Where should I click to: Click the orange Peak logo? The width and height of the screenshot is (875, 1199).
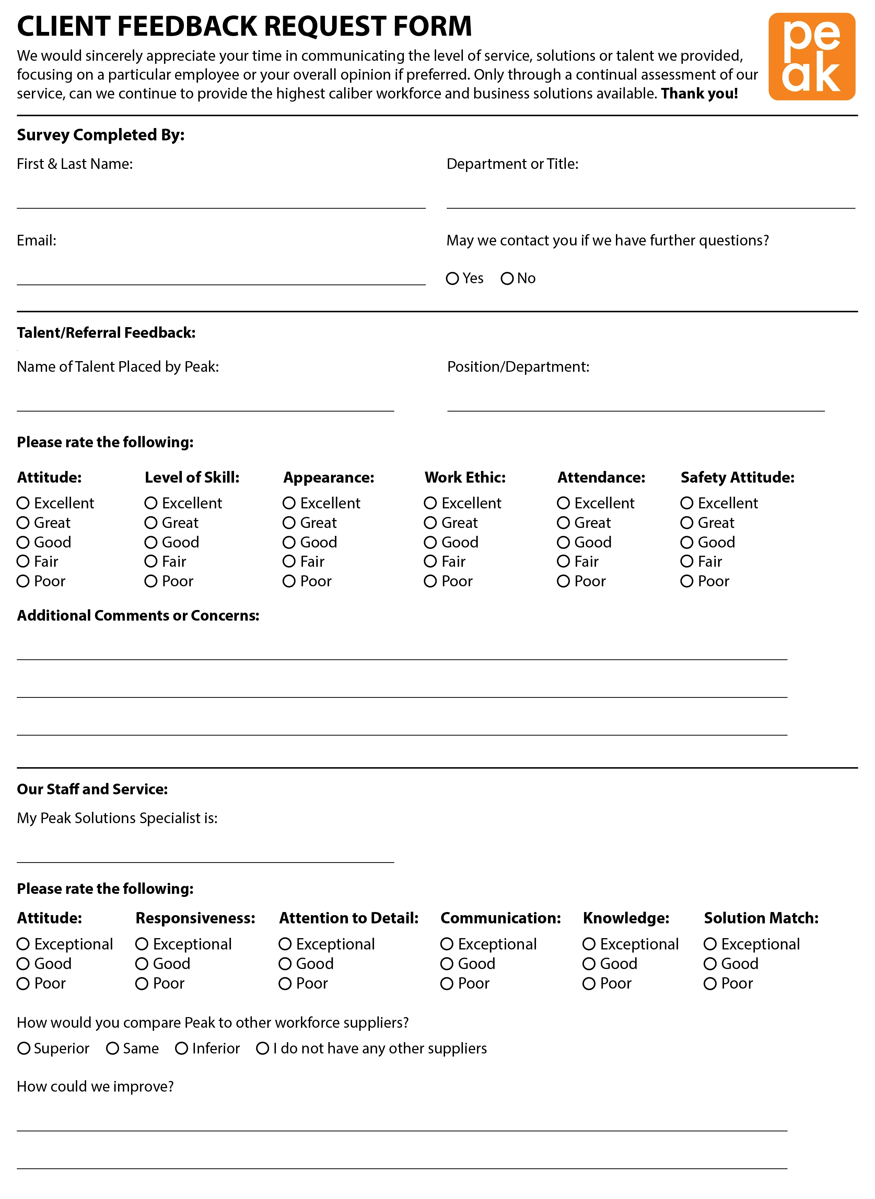tap(812, 57)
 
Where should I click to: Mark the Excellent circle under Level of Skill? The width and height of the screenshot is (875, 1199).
tap(151, 503)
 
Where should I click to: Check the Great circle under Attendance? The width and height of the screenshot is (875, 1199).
tap(563, 523)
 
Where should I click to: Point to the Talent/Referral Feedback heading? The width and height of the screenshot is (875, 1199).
tap(106, 333)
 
